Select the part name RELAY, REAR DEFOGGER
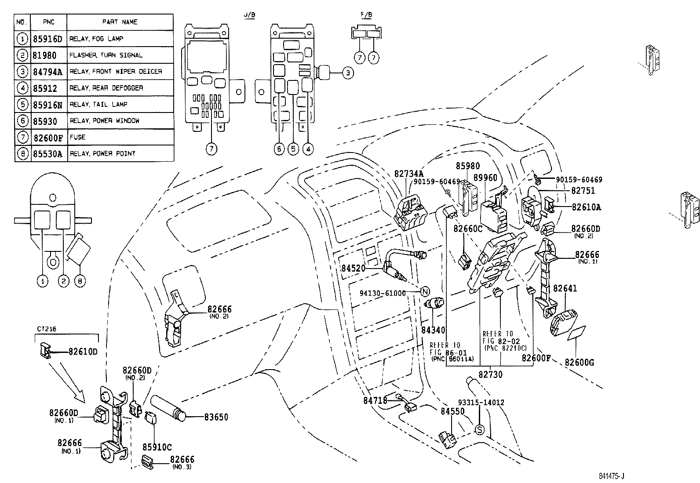[x=106, y=88]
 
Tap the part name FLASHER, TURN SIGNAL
[x=106, y=55]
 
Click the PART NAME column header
[x=120, y=22]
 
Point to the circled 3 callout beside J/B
[x=348, y=73]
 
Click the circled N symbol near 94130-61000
[x=425, y=291]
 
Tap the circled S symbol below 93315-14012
[x=480, y=430]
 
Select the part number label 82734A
[x=408, y=174]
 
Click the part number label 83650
[x=216, y=417]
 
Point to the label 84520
[x=354, y=268]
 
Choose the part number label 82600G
[x=579, y=363]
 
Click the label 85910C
[x=157, y=447]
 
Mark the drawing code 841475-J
[x=611, y=476]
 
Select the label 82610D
[x=83, y=352]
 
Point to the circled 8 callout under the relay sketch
[x=80, y=281]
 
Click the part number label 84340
[x=433, y=330]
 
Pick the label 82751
[x=583, y=191]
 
